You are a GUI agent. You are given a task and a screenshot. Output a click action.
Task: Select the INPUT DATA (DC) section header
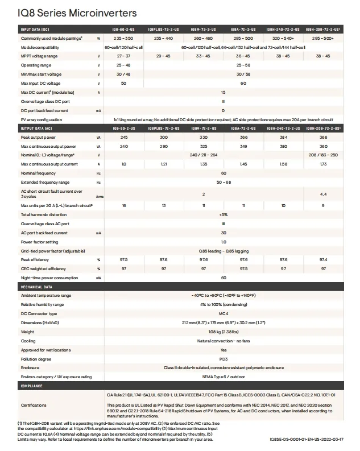(35, 29)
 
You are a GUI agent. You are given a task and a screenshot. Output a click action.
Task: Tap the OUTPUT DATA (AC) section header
(36, 129)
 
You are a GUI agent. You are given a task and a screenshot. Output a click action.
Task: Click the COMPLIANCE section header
(32, 386)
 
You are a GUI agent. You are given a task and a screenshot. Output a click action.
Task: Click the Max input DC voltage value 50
(123, 84)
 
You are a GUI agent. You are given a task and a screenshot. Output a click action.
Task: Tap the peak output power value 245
(123, 138)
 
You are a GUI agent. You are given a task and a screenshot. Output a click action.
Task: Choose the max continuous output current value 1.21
(164, 164)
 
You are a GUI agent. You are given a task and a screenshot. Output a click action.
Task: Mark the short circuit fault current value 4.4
(323, 194)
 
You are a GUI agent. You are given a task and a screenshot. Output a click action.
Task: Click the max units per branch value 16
(123, 205)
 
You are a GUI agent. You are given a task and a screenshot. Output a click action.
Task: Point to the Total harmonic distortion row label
(44, 215)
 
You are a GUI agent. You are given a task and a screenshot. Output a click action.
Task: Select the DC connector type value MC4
(224, 313)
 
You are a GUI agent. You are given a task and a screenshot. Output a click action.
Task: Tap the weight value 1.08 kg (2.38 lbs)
(224, 332)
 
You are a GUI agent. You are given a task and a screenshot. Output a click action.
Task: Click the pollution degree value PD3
(224, 359)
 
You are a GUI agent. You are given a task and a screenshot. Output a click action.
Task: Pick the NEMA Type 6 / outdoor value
(224, 376)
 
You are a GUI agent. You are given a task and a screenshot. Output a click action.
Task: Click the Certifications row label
(34, 406)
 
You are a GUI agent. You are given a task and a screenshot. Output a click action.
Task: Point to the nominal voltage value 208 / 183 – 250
(323, 155)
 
